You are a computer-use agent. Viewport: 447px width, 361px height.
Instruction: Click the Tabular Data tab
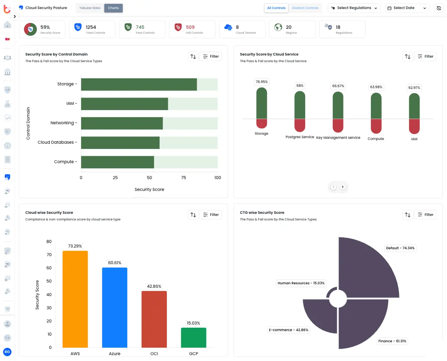90,8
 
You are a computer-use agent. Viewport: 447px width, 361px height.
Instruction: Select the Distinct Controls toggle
305,8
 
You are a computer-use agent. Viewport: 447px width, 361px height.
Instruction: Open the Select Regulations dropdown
354,8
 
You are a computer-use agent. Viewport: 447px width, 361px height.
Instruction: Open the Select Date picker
407,8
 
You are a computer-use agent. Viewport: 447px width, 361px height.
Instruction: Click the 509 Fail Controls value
190,27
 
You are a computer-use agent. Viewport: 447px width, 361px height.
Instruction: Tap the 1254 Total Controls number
91,27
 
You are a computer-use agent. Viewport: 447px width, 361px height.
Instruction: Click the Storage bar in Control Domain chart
139,84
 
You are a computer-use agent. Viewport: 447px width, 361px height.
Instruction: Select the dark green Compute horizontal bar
117,162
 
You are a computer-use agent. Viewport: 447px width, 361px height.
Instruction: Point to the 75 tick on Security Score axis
184,178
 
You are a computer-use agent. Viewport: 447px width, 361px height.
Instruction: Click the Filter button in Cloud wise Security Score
211,215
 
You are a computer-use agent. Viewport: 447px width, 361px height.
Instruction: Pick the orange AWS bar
75,299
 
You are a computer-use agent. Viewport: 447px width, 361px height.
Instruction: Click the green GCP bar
194,337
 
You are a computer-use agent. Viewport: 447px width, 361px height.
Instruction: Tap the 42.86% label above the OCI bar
154,286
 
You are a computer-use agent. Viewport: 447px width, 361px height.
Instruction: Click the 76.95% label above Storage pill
262,82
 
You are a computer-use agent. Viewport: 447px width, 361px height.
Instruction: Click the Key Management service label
338,138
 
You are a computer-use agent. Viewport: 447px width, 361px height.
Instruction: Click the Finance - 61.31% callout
392,341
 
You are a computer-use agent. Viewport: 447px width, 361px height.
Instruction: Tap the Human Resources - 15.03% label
301,283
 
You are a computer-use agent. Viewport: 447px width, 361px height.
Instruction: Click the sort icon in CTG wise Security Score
408,215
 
